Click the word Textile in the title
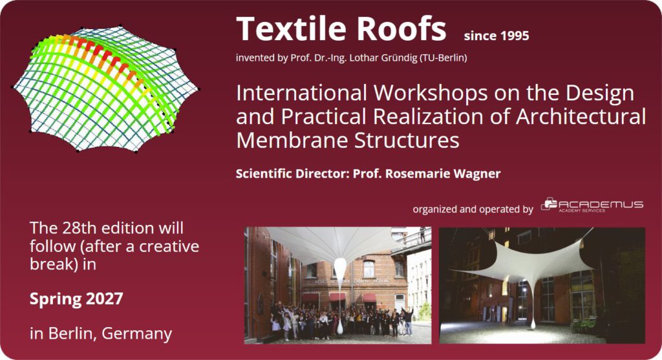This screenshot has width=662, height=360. [292, 28]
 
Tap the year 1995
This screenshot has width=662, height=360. [513, 36]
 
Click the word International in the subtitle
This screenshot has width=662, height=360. [301, 93]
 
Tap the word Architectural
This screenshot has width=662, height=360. [581, 116]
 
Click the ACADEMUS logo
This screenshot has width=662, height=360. [592, 205]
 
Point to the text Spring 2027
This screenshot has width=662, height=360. [76, 299]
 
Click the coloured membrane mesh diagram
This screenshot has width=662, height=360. [105, 89]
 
